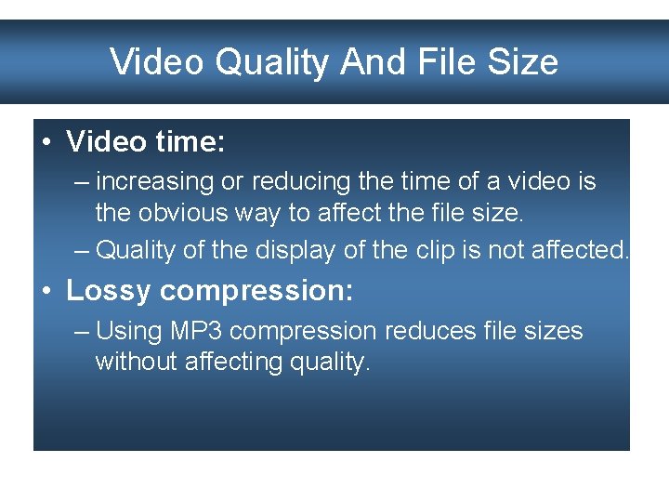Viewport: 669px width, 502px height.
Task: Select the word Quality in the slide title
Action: coord(271,62)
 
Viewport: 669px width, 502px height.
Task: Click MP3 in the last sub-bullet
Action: coord(194,331)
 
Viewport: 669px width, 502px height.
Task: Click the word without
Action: coord(136,362)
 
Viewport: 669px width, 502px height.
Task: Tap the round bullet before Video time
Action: coord(46,142)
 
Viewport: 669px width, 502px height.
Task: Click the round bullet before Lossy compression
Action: coord(46,290)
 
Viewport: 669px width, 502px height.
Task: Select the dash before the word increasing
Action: coord(82,181)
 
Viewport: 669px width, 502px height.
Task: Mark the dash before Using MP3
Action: coord(82,331)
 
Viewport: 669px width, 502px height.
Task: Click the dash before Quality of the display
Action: coord(82,249)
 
